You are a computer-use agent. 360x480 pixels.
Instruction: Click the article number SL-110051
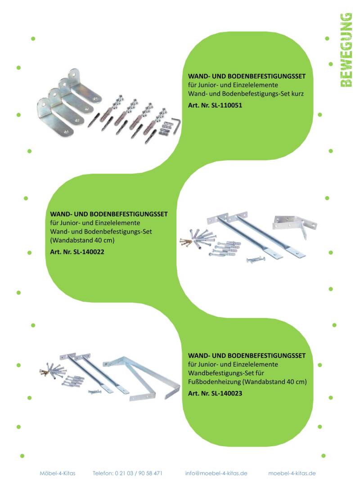(226, 105)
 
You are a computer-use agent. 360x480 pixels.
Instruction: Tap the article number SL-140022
(89, 252)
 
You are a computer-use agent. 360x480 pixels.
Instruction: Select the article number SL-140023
(226, 393)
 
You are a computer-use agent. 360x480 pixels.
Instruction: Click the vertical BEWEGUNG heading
(346, 50)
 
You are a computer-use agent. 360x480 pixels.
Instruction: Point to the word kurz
(297, 94)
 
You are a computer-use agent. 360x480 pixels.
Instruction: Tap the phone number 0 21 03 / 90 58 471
(139, 473)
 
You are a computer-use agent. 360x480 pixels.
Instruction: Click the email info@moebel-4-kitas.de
(216, 473)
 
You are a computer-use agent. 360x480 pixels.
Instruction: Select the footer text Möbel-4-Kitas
(58, 473)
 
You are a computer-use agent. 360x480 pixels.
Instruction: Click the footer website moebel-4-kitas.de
(292, 473)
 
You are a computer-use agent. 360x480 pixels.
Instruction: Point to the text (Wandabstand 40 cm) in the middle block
(82, 240)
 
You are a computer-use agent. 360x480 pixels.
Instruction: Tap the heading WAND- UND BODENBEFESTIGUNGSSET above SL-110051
(247, 76)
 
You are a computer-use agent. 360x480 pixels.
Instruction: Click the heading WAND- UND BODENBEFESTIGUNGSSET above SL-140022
(108, 214)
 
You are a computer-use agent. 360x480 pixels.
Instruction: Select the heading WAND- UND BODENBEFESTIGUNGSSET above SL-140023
(247, 356)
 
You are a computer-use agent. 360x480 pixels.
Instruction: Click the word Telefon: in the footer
(103, 473)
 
